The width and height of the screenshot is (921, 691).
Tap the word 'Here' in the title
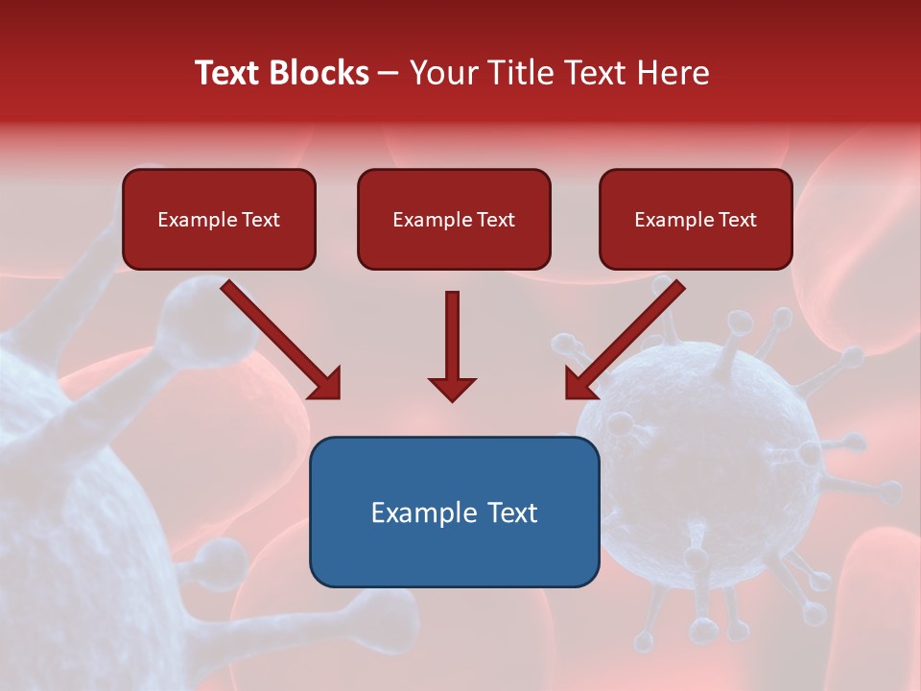point(675,73)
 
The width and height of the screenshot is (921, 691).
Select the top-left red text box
point(219,220)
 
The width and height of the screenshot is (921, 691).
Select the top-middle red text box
point(454,220)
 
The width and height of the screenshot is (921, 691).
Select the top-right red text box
point(696,220)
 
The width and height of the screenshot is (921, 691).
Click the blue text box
point(454,512)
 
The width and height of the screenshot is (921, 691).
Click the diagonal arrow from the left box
point(278,338)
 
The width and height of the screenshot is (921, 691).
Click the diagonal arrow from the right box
point(626,338)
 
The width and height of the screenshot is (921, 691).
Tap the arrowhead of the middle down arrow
point(452,388)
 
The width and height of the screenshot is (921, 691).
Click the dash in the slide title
point(390,74)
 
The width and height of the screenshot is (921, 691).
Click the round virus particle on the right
point(710,470)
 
